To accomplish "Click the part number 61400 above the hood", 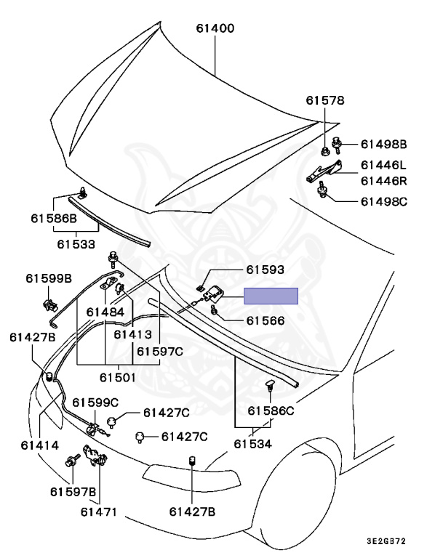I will pyautogui.click(x=215, y=29).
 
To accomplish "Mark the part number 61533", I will pyautogui.click(x=76, y=245).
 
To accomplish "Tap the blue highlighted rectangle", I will pyautogui.click(x=271, y=296).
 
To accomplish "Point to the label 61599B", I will pyautogui.click(x=49, y=278).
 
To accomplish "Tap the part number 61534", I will pyautogui.click(x=252, y=443).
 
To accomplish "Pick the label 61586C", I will pyautogui.click(x=271, y=411).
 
